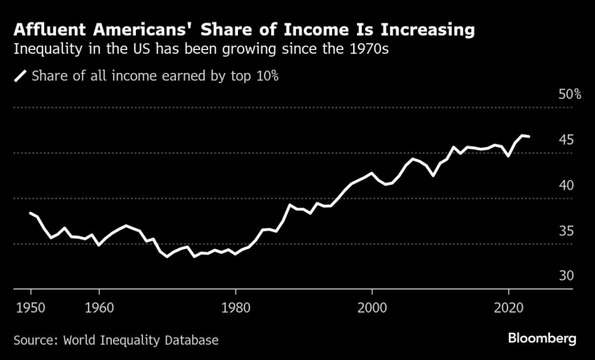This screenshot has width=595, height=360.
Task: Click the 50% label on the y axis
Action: tap(570, 95)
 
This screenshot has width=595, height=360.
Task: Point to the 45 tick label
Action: tap(566, 141)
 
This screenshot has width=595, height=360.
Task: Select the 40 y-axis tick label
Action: tap(566, 186)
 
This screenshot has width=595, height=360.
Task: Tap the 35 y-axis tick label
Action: tap(566, 231)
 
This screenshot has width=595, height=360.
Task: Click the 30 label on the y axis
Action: tap(566, 276)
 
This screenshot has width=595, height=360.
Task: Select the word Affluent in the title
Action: tap(53, 31)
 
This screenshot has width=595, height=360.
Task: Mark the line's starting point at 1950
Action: tap(30, 213)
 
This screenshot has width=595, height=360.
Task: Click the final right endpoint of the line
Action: tap(528, 137)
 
